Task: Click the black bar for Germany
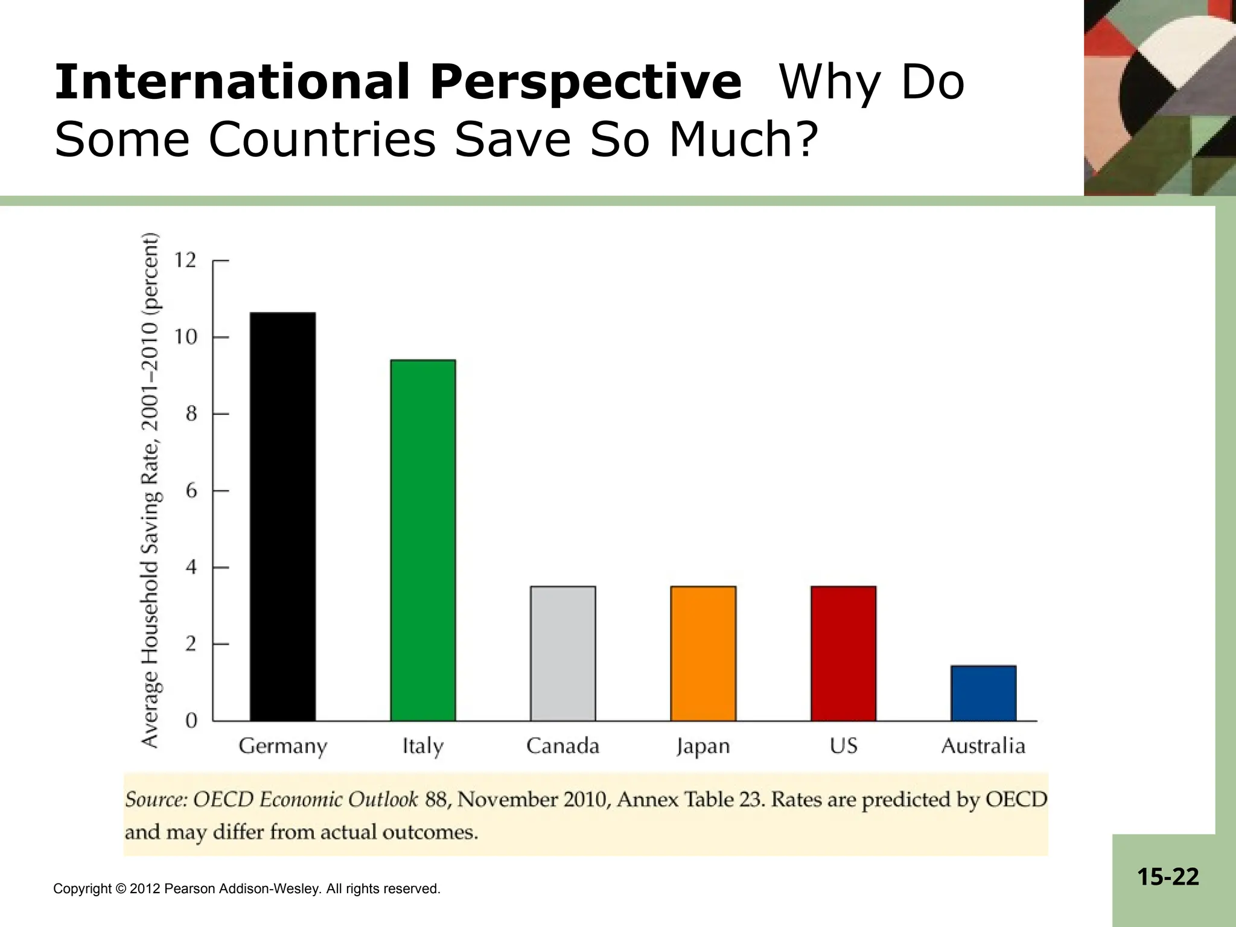[282, 517]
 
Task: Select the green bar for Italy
[422, 540]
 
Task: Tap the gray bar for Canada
[562, 653]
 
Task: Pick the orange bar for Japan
[703, 653]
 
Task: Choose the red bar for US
[843, 653]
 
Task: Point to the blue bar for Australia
[983, 693]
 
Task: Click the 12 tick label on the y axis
[185, 261]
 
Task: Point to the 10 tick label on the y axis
[185, 337]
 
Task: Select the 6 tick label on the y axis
[191, 491]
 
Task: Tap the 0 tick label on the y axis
[191, 721]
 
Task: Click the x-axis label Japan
[703, 747]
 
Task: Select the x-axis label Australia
[983, 747]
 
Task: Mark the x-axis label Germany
[282, 747]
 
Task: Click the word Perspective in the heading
[585, 83]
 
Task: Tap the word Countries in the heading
[322, 139]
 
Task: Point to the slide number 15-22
[1168, 876]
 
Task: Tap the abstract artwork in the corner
[1159, 97]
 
